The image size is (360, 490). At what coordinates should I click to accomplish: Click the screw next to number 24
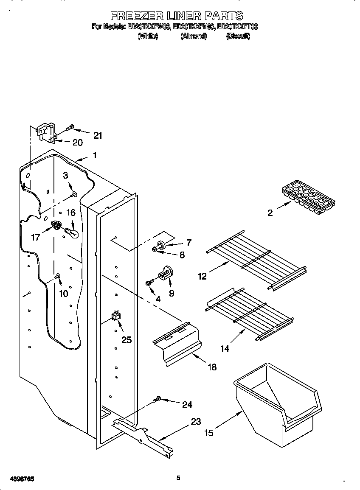157,399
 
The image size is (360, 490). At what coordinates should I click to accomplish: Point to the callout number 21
98,135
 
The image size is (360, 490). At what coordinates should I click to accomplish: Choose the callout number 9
172,293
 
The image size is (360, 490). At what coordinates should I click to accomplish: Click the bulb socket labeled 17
55,224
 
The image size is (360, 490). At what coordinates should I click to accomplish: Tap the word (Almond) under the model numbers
194,36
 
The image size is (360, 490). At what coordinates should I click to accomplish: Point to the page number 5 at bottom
178,478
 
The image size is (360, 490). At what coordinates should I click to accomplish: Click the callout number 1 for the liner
95,155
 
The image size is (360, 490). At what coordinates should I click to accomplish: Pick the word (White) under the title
148,36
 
